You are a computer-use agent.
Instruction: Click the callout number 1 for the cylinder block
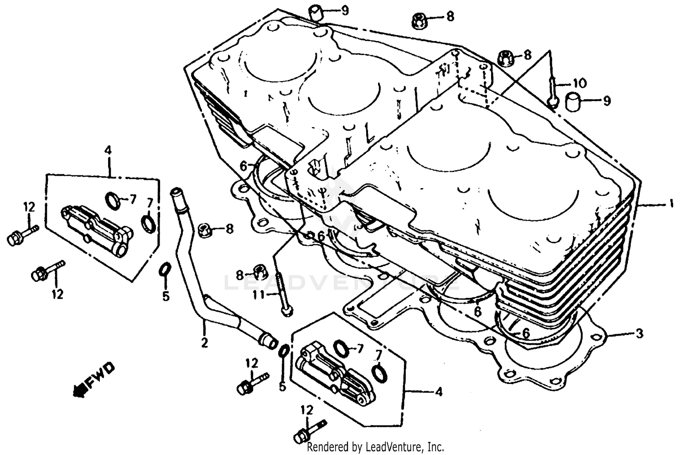click(670, 204)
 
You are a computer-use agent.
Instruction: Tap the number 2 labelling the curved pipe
click(204, 342)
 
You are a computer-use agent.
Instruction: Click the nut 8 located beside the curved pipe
click(205, 230)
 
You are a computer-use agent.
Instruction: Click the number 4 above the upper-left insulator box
click(108, 150)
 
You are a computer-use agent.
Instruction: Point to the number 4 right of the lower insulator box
click(438, 391)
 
